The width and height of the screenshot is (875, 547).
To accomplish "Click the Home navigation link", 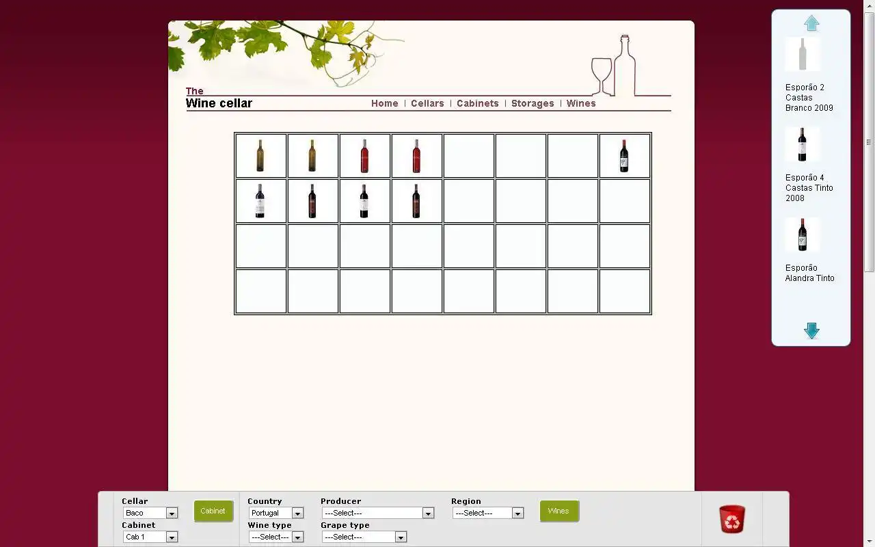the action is (x=384, y=103).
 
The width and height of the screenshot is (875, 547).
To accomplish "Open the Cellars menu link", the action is (x=427, y=103).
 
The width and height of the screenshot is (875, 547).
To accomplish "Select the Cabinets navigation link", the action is (x=478, y=103).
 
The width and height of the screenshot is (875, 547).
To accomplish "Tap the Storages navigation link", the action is (x=533, y=103).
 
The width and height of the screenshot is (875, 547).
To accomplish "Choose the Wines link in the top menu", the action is (x=581, y=103).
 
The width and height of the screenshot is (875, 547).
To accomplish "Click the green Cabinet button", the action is (x=213, y=511).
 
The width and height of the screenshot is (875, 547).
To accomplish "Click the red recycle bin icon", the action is (x=732, y=519).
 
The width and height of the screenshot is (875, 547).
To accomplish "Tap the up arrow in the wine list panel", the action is (x=811, y=23).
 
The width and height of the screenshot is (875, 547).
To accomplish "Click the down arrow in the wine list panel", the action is (x=811, y=330).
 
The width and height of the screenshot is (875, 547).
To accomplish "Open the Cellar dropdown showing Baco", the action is (x=150, y=513).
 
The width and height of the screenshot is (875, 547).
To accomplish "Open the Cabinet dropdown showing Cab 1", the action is (x=150, y=537).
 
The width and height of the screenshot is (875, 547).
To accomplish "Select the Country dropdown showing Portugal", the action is (x=275, y=513).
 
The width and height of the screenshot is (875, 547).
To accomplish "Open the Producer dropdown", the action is (x=378, y=513).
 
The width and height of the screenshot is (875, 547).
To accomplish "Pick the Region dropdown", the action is (x=488, y=513).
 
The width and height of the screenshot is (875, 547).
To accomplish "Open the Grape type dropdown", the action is (x=364, y=537).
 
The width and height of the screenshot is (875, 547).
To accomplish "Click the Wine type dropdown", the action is (x=275, y=537).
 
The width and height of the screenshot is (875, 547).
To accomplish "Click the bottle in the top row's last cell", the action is (x=624, y=156).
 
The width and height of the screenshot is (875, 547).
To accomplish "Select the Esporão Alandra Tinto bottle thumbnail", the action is (x=803, y=235).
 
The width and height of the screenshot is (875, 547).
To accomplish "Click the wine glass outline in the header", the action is (x=602, y=76).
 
